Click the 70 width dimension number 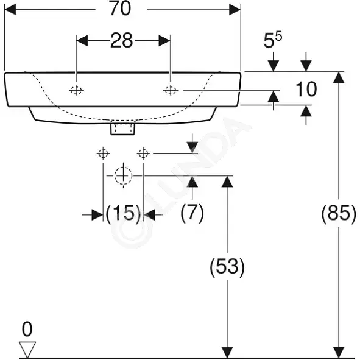[x=121, y=9]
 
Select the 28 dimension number [x=121, y=40]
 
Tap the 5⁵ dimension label [x=272, y=40]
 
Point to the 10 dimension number [x=306, y=89]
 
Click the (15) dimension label [x=123, y=213]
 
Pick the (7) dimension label [x=192, y=213]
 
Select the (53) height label [x=227, y=267]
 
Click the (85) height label [x=339, y=213]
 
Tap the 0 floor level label [x=27, y=329]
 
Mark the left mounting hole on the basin [x=76, y=91]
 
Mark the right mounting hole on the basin [x=171, y=91]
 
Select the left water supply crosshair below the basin [x=103, y=153]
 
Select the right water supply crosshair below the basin [x=143, y=153]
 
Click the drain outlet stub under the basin [x=122, y=129]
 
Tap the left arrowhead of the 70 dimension [x=10, y=10]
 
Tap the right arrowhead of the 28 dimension [x=164, y=41]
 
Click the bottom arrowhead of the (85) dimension [x=339, y=352]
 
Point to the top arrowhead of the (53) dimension [x=227, y=182]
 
